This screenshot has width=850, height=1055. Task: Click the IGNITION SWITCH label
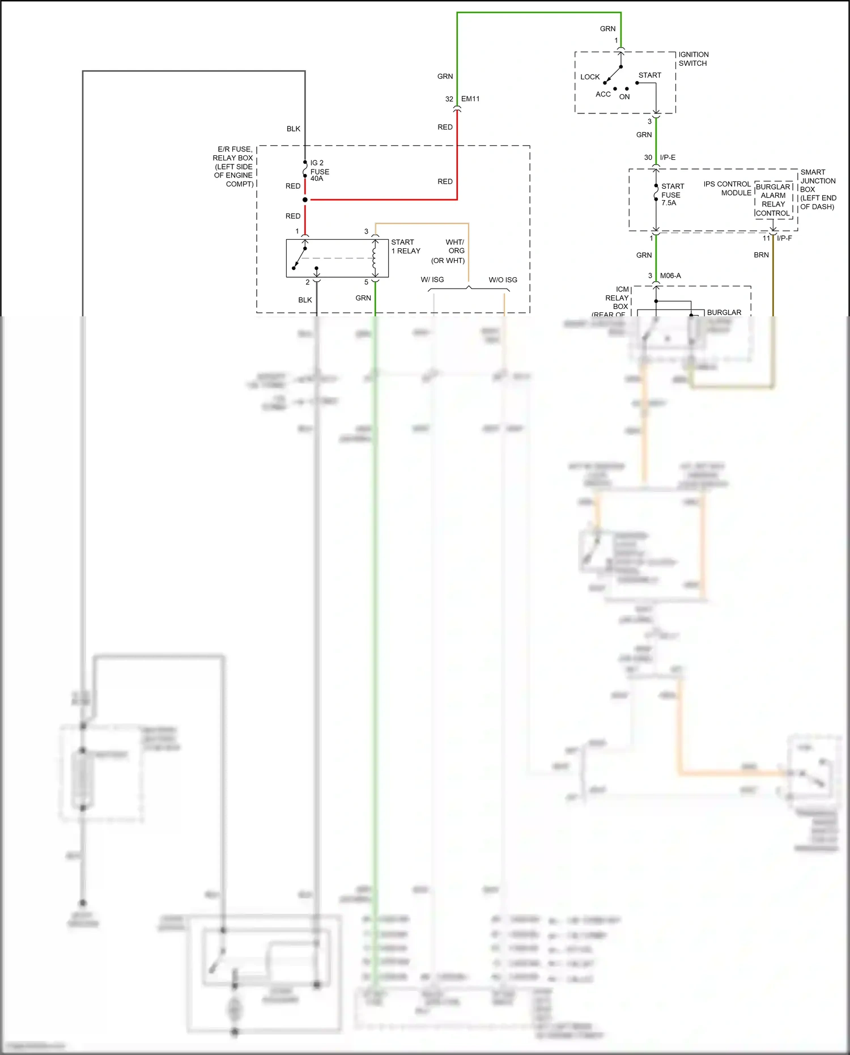(693, 59)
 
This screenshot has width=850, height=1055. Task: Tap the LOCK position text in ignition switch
(589, 77)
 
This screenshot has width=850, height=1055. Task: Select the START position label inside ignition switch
(649, 75)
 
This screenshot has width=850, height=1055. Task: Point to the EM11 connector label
(470, 99)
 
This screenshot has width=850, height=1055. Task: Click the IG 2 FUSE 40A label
(319, 171)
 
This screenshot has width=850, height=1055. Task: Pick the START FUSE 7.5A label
(672, 194)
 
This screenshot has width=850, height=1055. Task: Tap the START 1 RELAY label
(405, 247)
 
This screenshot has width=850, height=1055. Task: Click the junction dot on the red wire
(305, 200)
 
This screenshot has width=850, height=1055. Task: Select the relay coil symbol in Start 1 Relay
(375, 258)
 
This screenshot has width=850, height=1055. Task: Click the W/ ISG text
(432, 279)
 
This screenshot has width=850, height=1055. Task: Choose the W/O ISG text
(503, 279)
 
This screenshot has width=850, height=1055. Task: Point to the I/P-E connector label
(667, 158)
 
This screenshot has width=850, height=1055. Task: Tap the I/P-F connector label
(784, 238)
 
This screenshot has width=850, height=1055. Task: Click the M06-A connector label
(670, 276)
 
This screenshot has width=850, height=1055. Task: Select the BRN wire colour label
(761, 255)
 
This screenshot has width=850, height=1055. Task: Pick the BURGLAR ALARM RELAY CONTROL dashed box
(773, 200)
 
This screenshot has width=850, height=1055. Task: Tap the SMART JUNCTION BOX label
(818, 189)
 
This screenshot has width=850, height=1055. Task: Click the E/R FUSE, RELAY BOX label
(233, 167)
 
